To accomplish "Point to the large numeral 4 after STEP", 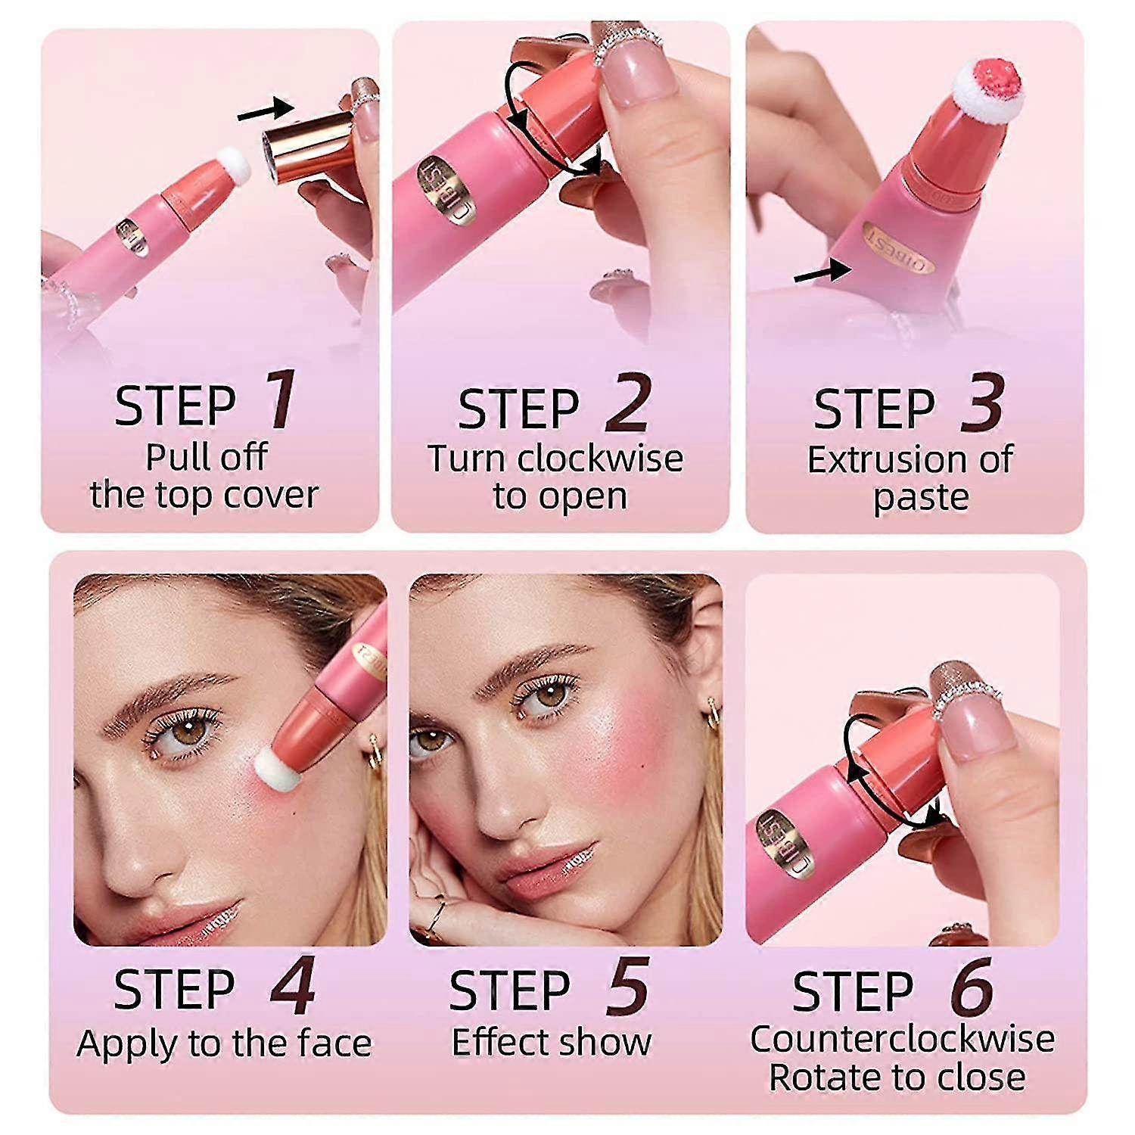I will (292, 986).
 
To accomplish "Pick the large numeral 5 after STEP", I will (627, 986).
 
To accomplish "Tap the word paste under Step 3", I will (920, 497).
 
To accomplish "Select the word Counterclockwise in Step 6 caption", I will (902, 1039).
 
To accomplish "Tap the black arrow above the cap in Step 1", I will (265, 110).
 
